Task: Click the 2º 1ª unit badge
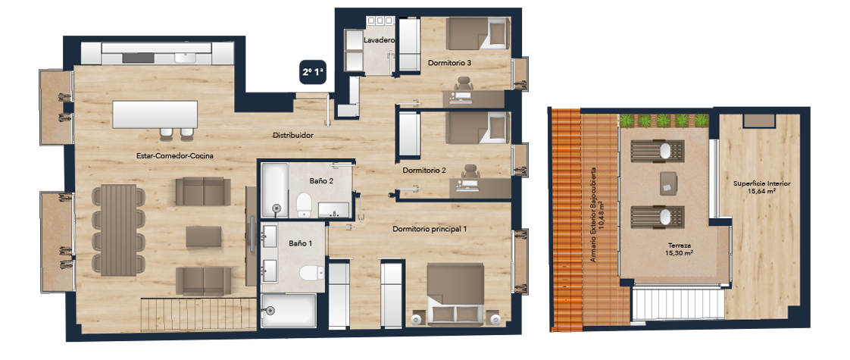coord(314,72)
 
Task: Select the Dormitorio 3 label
coord(449,63)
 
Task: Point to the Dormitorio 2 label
coord(424,171)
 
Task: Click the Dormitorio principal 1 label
coord(430,230)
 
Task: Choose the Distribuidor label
coord(292,136)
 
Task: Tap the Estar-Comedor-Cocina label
coord(174,156)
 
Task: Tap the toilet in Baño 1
coord(311,274)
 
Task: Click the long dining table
coord(118,230)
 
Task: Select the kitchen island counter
coord(155,114)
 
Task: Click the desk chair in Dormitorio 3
coord(464,85)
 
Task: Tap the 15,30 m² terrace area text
coord(680,253)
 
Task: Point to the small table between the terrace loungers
coord(668,183)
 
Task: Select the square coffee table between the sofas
coord(203,237)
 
